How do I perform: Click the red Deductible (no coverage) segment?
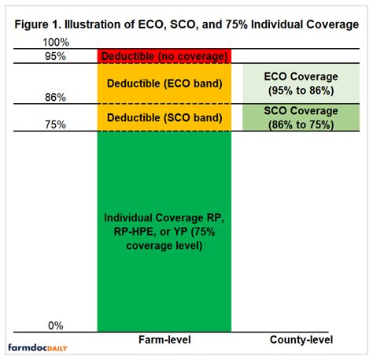click(164, 56)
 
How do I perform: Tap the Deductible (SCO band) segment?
click(164, 118)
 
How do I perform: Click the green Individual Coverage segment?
click(164, 260)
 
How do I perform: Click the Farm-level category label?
click(164, 340)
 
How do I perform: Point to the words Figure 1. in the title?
click(39, 23)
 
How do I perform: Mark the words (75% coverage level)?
click(164, 238)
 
